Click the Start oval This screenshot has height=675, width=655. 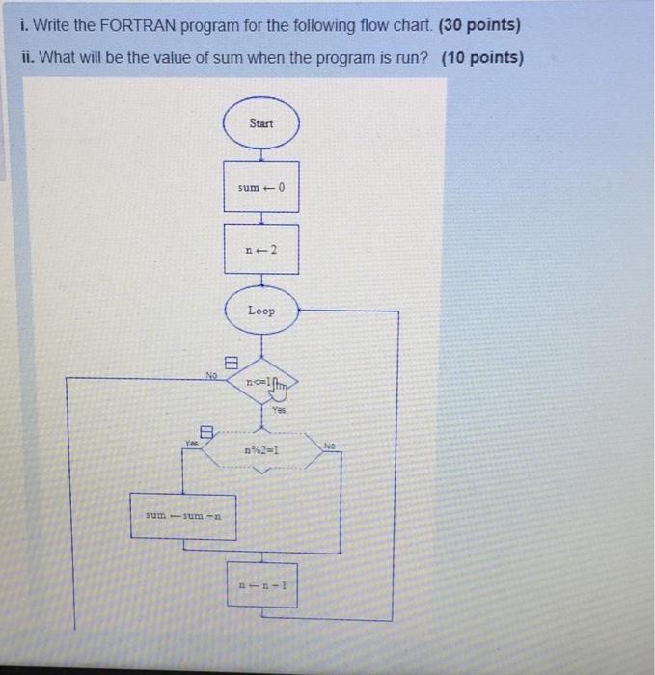261,123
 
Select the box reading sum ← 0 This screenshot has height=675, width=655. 261,187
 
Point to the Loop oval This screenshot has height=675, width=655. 261,310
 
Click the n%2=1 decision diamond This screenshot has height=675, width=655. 262,450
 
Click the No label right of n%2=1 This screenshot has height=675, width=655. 329,446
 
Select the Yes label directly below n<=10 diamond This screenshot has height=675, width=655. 280,409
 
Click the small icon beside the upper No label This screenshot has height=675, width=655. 231,364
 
